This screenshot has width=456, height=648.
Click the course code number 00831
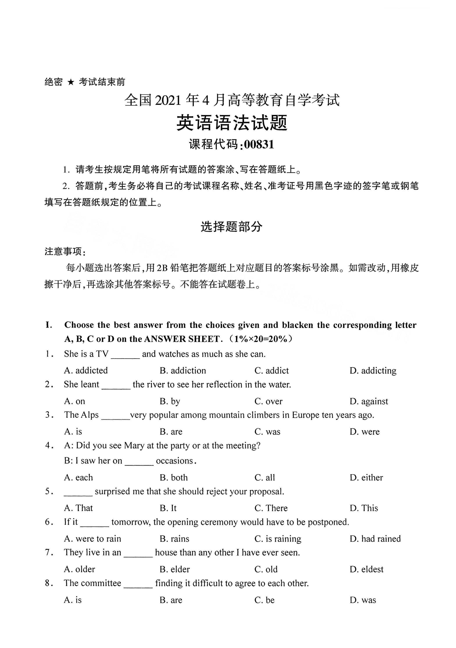(259, 145)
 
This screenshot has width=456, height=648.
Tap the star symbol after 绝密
(71, 82)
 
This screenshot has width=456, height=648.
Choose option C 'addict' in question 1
(272, 371)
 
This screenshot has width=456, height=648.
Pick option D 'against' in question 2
(369, 401)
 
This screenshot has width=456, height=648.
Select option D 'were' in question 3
(365, 432)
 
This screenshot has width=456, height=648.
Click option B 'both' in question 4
(174, 477)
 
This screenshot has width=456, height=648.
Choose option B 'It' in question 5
(168, 508)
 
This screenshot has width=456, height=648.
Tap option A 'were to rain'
(93, 539)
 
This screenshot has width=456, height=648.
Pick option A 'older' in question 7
(80, 569)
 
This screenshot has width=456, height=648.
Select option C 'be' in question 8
(264, 600)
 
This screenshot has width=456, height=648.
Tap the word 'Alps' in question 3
(90, 415)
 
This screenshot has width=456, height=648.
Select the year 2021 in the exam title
(168, 101)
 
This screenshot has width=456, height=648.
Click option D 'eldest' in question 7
(367, 569)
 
